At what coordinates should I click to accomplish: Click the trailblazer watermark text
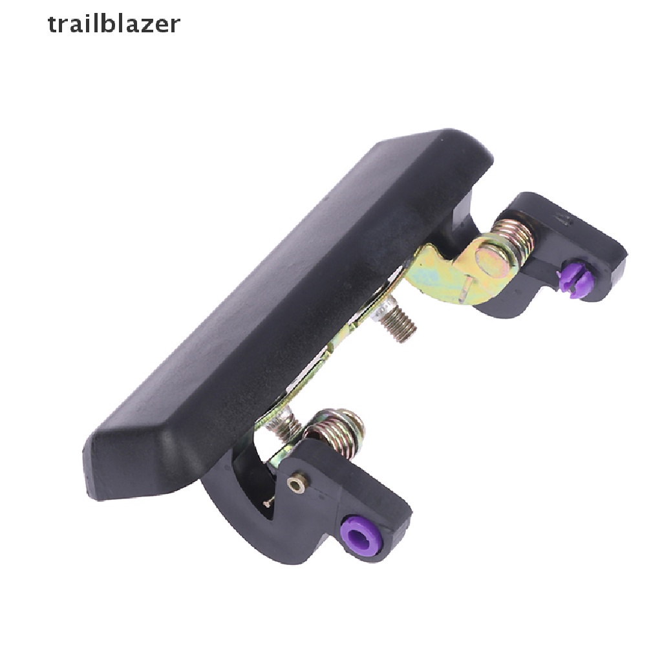tap(114, 24)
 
